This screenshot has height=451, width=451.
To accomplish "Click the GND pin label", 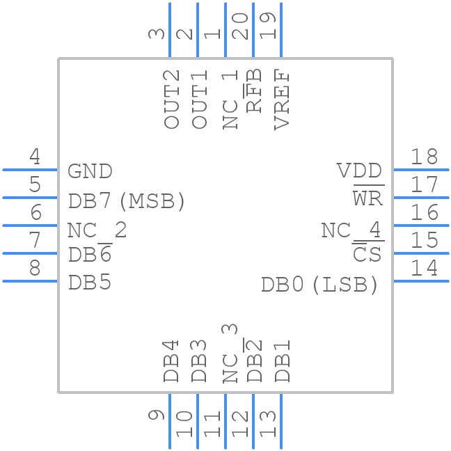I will (x=90, y=171).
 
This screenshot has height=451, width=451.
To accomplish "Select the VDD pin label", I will (x=359, y=171).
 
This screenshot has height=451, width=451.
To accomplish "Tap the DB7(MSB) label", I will (x=127, y=201).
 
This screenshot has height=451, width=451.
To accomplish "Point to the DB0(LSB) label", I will (x=319, y=285).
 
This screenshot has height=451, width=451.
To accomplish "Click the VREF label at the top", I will (x=282, y=100).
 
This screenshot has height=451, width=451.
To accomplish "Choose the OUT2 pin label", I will (x=172, y=99).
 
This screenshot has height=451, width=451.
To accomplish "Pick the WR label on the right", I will (x=367, y=199).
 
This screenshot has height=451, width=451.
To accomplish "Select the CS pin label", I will (x=367, y=255).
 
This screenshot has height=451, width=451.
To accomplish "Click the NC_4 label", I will (x=351, y=230).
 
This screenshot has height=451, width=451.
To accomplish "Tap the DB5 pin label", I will (x=90, y=283).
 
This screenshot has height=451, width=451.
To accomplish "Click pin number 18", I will (x=424, y=157).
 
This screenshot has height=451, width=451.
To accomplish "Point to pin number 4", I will (x=34, y=157).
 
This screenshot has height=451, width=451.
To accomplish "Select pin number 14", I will (x=424, y=268).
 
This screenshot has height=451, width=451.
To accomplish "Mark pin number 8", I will (x=34, y=268).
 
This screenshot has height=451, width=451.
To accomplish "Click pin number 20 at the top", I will (x=240, y=26).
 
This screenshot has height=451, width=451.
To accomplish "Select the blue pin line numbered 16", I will (x=421, y=225).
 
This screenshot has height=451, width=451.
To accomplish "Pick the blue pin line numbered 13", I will (x=281, y=421).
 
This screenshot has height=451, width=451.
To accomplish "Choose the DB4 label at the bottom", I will (x=172, y=361).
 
